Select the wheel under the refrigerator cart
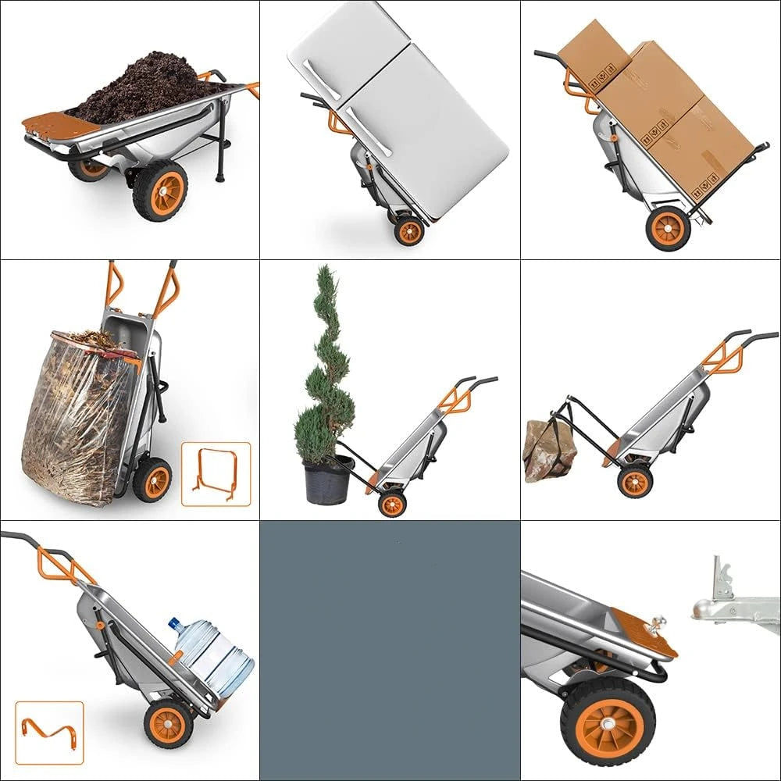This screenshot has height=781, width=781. [x=408, y=230]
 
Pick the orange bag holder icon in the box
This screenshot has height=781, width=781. [x=216, y=474]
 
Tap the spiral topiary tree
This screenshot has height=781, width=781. [x=324, y=367]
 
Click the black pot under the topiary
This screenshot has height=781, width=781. [x=329, y=480]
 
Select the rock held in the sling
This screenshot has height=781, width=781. [x=548, y=450]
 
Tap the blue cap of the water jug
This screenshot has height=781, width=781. [x=175, y=625]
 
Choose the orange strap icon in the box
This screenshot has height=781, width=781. [x=48, y=732]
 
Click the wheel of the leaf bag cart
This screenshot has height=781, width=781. [x=152, y=480]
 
